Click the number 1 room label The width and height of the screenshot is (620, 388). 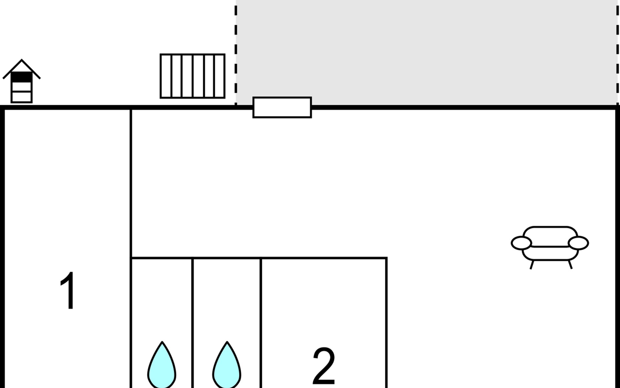(x=68, y=291)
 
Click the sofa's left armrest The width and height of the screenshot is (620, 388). (x=521, y=243)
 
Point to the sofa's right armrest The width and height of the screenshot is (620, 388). (x=578, y=243)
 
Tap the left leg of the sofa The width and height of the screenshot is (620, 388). (x=532, y=265)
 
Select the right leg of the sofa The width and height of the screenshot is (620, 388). (x=570, y=265)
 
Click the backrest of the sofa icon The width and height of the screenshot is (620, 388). (x=550, y=236)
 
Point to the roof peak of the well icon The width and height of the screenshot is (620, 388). (x=22, y=60)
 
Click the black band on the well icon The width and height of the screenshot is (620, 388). (x=22, y=77)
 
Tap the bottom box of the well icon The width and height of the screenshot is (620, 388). (x=22, y=97)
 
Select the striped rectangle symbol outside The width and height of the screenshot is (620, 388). (x=192, y=76)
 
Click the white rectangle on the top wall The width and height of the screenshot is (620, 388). (x=282, y=107)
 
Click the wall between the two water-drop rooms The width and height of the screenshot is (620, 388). (x=192, y=323)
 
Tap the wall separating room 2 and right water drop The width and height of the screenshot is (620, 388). (x=261, y=323)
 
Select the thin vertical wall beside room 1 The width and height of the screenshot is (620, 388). (x=131, y=181)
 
